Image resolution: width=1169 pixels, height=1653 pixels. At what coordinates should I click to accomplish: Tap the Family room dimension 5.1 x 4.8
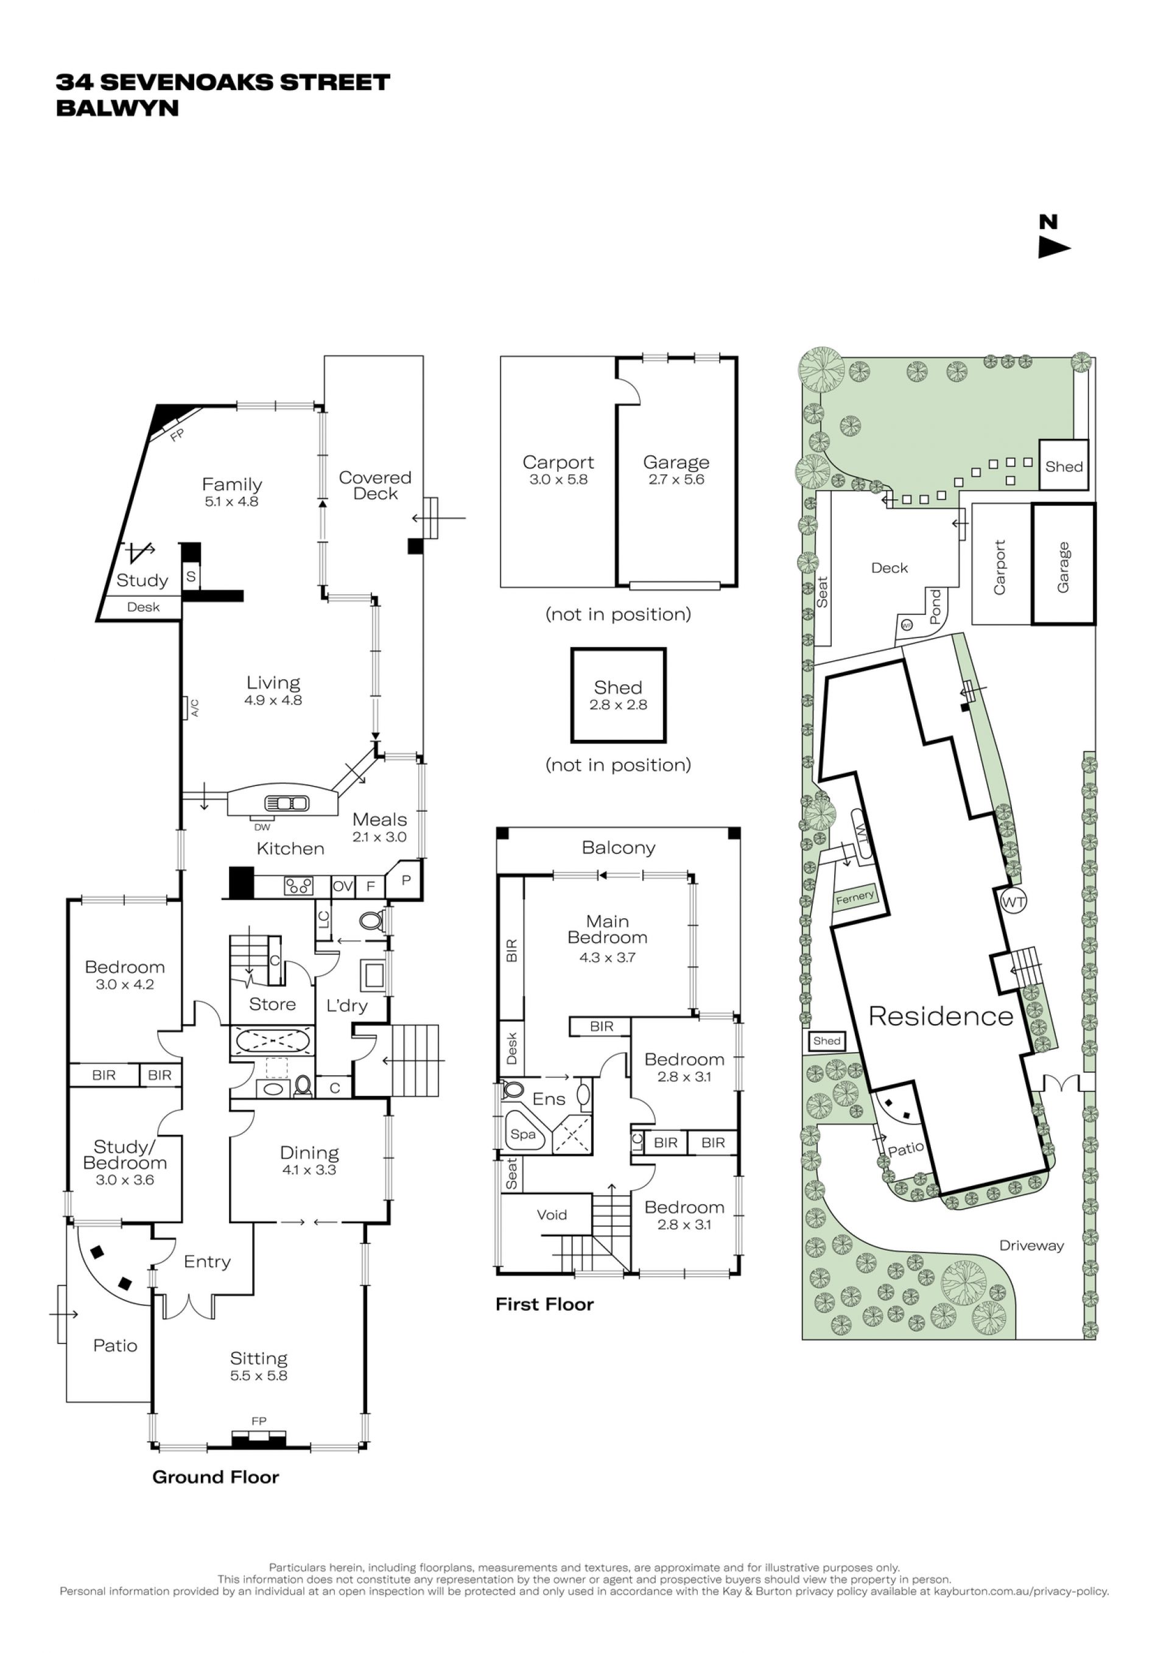[231, 502]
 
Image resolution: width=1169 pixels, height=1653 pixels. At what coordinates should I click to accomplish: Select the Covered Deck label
[375, 485]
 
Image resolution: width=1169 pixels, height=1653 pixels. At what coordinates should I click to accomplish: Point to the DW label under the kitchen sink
[262, 828]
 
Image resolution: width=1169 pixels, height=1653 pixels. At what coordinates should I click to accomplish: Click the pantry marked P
[405, 880]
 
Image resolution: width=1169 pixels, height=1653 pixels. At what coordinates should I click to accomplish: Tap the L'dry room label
[347, 1006]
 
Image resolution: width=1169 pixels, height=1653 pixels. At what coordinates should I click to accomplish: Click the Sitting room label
[258, 1358]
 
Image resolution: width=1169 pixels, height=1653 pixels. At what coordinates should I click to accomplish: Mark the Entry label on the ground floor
[207, 1262]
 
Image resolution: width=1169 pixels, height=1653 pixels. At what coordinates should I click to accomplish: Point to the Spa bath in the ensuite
[524, 1135]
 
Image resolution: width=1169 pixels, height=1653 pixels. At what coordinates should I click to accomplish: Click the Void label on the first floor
[552, 1215]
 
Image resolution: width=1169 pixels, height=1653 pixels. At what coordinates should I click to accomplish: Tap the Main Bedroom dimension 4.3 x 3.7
[608, 958]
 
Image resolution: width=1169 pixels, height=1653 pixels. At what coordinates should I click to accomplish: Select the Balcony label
[619, 848]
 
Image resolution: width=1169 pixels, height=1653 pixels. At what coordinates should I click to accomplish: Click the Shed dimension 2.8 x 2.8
[619, 705]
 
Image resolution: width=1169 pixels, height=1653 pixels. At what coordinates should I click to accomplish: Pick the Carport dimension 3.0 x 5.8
[558, 480]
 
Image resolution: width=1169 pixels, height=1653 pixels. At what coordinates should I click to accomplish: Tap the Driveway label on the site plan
[1031, 1246]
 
